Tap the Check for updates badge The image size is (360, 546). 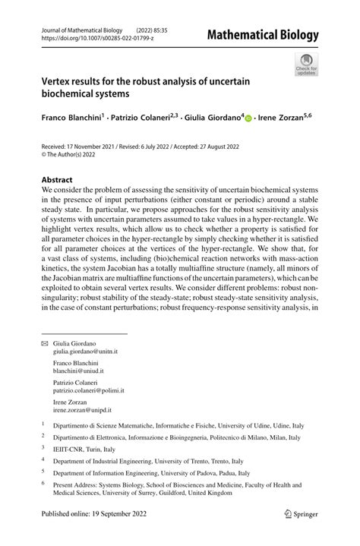pyautogui.click(x=306, y=65)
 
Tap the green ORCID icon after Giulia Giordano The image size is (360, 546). pyautogui.click(x=248, y=119)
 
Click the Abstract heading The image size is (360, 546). pyautogui.click(x=58, y=181)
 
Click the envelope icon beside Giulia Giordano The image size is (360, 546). pyautogui.click(x=44, y=344)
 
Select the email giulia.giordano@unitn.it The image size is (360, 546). pyautogui.click(x=85, y=352)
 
